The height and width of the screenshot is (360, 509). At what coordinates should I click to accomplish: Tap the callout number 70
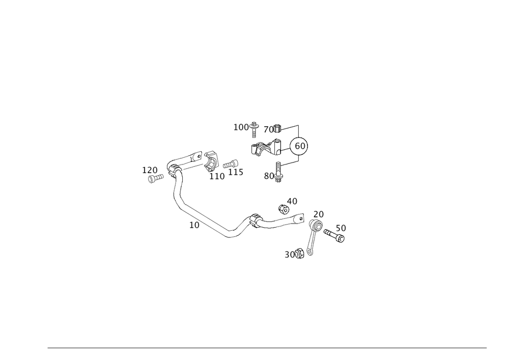point(270,130)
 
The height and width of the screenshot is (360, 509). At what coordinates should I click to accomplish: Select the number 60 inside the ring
point(300,147)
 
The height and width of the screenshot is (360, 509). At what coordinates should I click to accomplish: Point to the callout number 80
point(268,176)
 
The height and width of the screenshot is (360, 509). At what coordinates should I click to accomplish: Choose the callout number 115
point(236,173)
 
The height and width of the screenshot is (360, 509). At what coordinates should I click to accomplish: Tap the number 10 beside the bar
point(193,224)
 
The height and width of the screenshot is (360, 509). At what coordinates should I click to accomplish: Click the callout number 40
point(292,201)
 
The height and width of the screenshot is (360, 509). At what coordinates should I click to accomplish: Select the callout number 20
point(319,213)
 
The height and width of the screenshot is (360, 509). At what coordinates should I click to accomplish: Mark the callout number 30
point(291,253)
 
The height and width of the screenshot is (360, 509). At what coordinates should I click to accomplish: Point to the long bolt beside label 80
point(277,169)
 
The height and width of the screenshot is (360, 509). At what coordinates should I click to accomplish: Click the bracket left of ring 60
point(261,148)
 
